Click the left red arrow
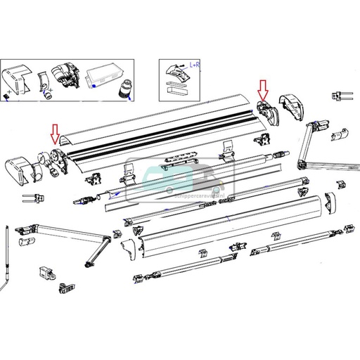54,132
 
